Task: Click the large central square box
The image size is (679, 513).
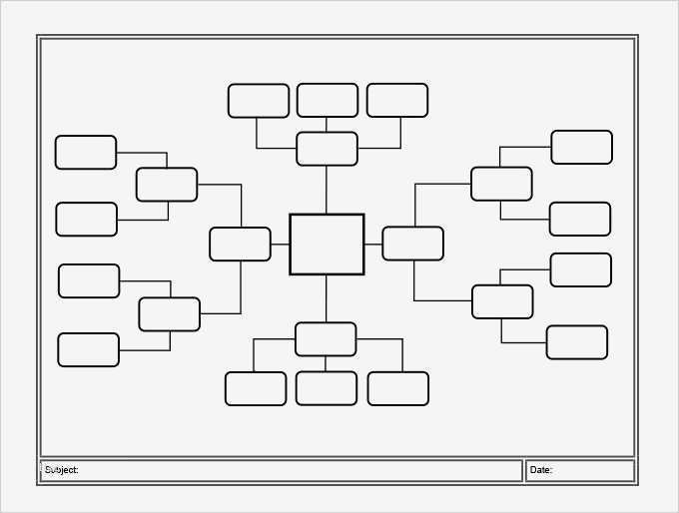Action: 327,245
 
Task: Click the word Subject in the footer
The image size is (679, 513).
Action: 61,470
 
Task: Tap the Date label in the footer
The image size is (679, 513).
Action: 540,470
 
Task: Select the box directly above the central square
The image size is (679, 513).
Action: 327,149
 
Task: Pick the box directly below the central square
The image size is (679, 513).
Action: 326,339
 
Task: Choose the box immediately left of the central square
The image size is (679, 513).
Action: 240,245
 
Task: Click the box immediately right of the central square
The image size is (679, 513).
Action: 413,244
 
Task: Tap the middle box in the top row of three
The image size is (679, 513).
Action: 328,101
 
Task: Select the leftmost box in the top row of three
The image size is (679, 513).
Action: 259,101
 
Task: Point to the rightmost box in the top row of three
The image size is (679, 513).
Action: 397,101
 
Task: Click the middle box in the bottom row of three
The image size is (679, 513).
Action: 327,388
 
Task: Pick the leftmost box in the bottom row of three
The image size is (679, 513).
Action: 256,389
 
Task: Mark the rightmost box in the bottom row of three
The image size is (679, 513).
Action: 398,389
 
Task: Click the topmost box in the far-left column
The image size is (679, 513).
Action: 86,153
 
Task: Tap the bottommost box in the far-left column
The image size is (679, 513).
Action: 88,349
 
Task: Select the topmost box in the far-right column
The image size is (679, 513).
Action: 581,147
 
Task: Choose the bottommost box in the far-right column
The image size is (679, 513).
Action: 577,342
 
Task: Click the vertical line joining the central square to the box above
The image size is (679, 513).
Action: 327,190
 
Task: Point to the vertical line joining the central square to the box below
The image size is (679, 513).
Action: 327,298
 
